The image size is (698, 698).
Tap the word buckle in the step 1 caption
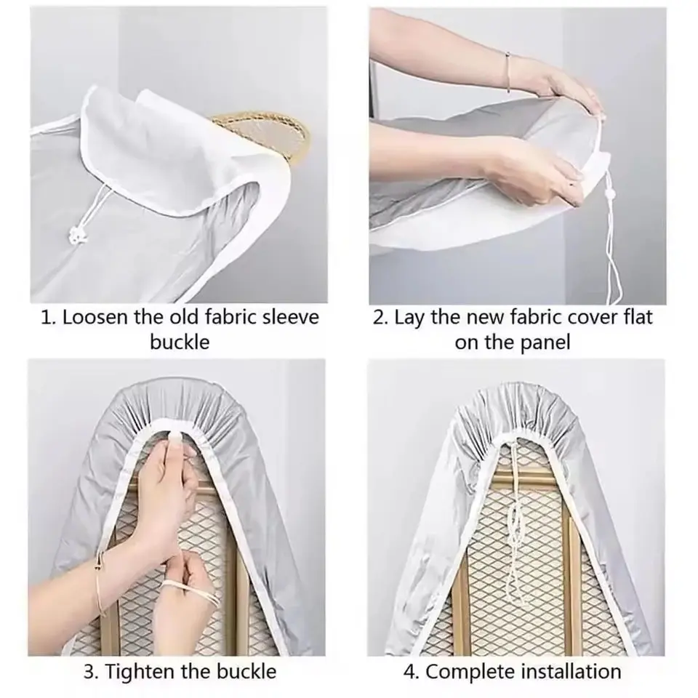coord(180,342)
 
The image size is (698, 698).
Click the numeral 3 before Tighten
coord(89,672)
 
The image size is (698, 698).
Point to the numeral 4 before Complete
coord(409,672)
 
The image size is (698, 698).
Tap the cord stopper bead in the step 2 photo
coord(610,194)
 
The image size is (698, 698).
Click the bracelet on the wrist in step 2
coord(508,73)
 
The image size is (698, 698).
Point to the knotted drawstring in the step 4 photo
coord(516,521)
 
